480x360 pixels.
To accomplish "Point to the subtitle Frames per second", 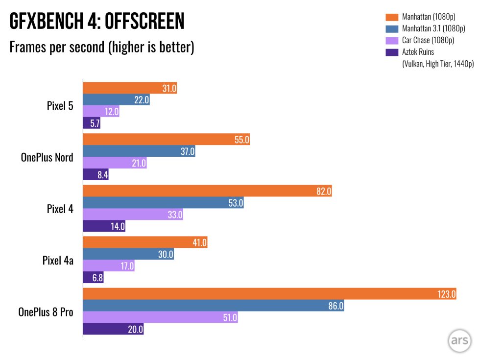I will point(102,47).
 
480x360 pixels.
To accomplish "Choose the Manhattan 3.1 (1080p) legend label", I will point(433,28).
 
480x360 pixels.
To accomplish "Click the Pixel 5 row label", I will point(60,105).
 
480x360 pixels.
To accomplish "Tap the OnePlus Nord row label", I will point(47,157).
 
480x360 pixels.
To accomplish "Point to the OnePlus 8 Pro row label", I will point(46,312).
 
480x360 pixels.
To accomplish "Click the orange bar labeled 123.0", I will point(269,294).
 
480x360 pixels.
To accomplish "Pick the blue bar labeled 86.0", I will point(213,306).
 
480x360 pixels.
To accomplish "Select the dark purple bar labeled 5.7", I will point(92,123).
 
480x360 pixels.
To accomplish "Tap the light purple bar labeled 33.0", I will point(133,214).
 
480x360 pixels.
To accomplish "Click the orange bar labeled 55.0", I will point(167,140).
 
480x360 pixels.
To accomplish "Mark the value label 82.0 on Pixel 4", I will point(324,192).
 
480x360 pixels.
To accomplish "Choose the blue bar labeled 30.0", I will point(128,254).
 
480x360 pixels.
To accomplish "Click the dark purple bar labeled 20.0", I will point(113,329).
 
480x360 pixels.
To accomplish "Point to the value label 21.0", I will point(139,164).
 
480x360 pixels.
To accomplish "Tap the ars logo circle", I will point(459,341).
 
